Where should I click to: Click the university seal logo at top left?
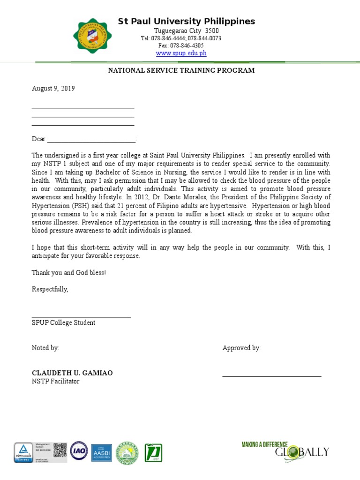tap(93, 36)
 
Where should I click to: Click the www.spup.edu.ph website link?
tap(181, 53)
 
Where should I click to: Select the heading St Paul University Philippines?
tap(186, 22)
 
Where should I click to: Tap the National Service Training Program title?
tap(181, 71)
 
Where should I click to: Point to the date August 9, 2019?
tap(53, 89)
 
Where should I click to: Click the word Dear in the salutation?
tap(38, 139)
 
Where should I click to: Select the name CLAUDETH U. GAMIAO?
tap(72, 373)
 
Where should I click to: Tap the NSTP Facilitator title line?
tap(55, 382)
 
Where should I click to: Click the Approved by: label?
tap(241, 348)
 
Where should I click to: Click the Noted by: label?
tap(45, 348)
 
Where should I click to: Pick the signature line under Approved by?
tap(271, 376)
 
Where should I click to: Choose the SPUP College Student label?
tap(63, 323)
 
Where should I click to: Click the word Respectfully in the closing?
tap(50, 289)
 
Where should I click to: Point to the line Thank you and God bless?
tap(69, 273)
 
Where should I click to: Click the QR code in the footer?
tap(60, 450)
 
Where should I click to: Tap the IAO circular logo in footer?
tap(79, 450)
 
